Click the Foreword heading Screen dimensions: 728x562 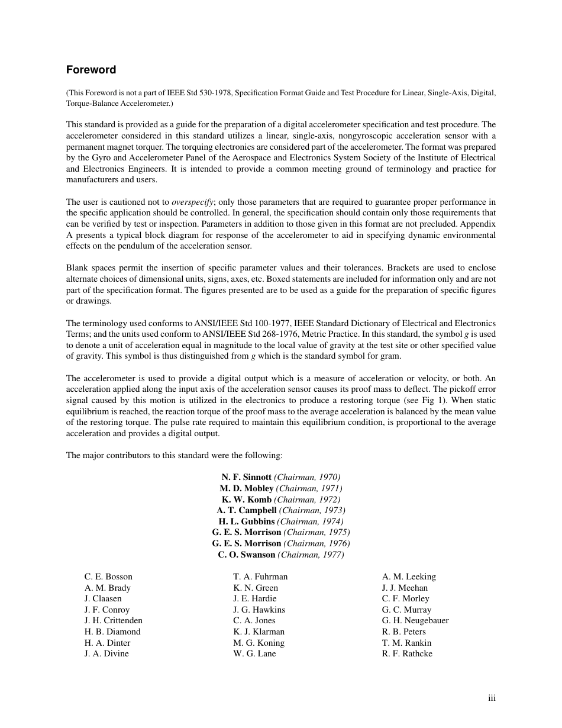click(x=91, y=70)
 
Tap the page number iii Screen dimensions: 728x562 click(x=492, y=698)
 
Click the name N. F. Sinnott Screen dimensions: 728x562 click(x=247, y=477)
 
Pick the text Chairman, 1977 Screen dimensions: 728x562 click(x=311, y=555)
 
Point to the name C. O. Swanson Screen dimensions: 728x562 click(x=247, y=555)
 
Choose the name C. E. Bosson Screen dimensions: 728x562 click(x=108, y=576)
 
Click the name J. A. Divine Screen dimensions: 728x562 click(x=106, y=653)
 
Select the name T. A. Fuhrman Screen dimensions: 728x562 click(x=260, y=576)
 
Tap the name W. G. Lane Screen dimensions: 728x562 click(x=254, y=653)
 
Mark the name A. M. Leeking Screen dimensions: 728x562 click(x=409, y=576)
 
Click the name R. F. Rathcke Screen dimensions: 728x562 click(x=407, y=653)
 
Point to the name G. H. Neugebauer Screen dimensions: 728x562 click(x=415, y=620)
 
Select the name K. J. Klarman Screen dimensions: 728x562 click(x=259, y=632)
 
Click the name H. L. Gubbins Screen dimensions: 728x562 click(x=247, y=521)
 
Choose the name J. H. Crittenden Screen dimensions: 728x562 click(x=114, y=620)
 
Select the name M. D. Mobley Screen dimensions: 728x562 click(x=247, y=488)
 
